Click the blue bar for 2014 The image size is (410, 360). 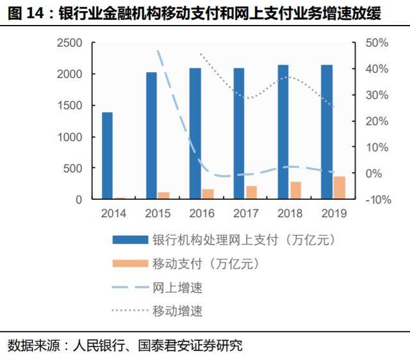pyautogui.click(x=107, y=156)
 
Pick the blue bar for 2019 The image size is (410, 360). pyautogui.click(x=327, y=132)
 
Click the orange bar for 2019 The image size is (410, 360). pyautogui.click(x=340, y=188)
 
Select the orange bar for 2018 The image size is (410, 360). pyautogui.click(x=295, y=190)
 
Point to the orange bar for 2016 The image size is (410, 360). pyautogui.click(x=208, y=194)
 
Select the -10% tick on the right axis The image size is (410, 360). pyautogui.click(x=377, y=200)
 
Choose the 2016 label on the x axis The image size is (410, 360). pyautogui.click(x=202, y=213)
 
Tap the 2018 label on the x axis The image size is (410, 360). pyautogui.click(x=290, y=213)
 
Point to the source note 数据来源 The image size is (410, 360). pyautogui.click(x=125, y=346)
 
